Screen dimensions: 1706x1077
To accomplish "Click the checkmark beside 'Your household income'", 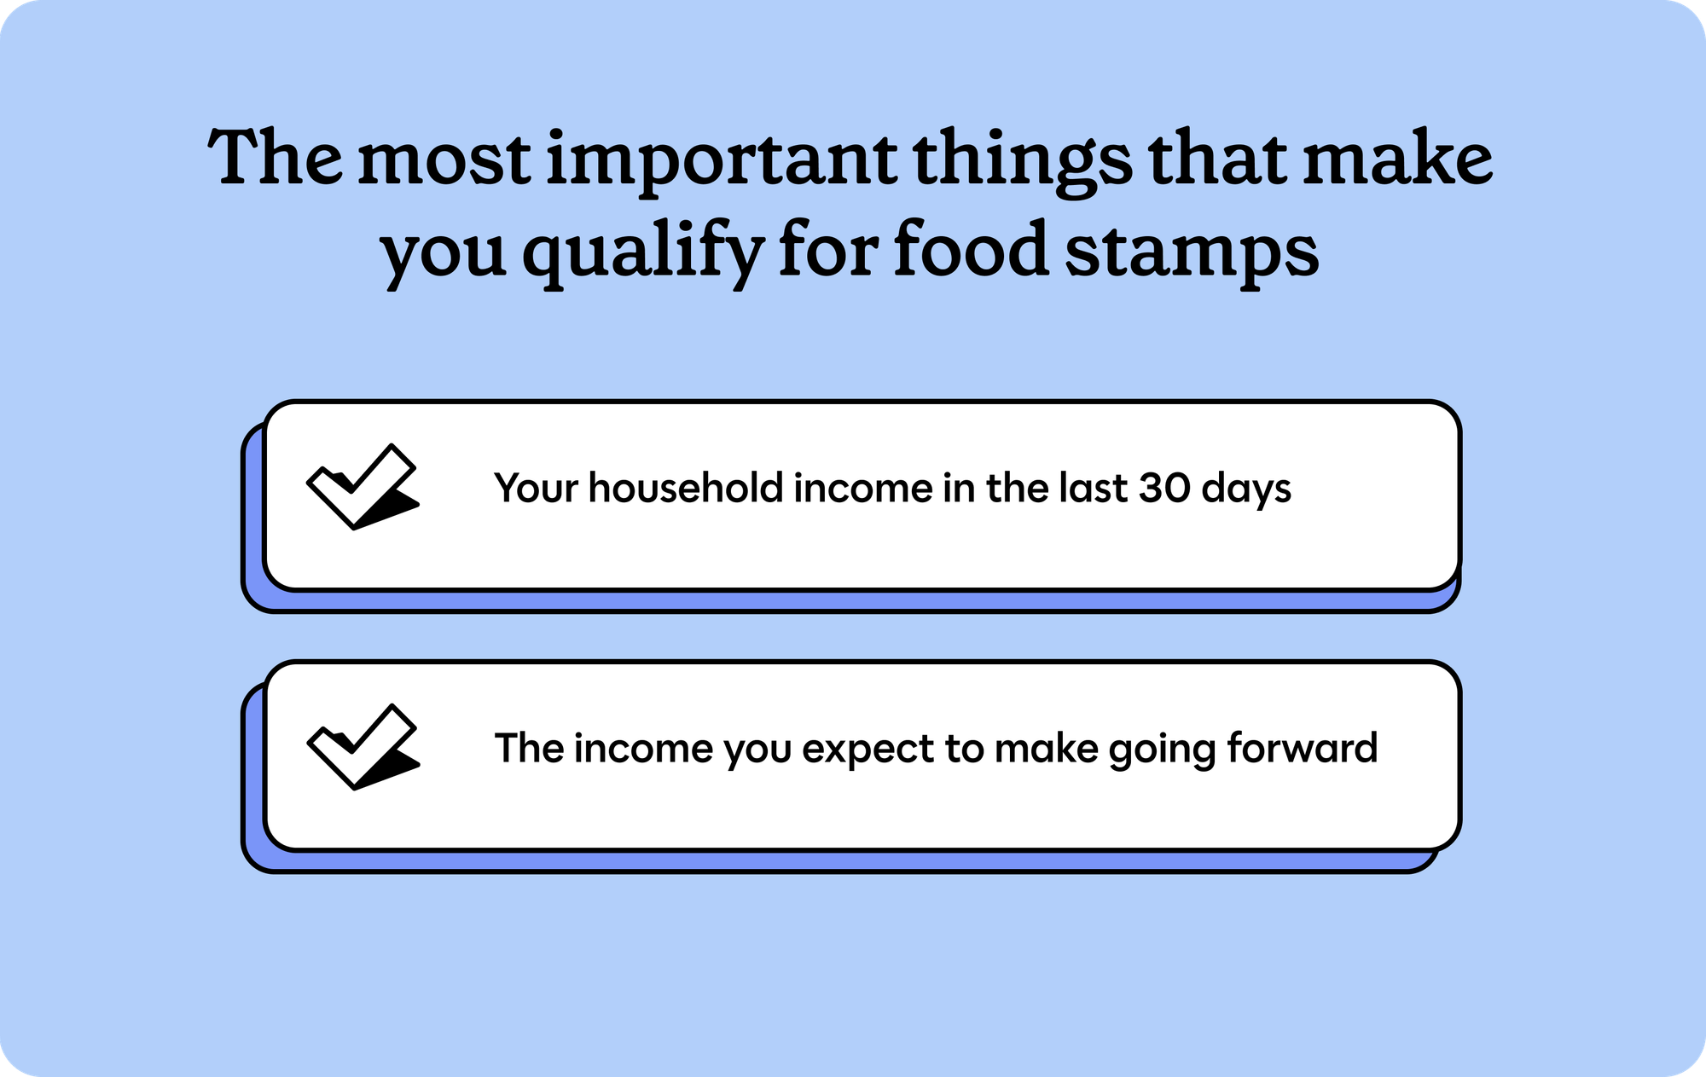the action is tap(362, 486).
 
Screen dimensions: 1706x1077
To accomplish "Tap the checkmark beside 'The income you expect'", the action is tap(362, 746).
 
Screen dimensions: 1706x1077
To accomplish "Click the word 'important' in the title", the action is tap(721, 162).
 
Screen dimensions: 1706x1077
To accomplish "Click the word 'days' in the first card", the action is tap(1246, 489).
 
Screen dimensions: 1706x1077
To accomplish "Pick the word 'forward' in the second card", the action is tap(1302, 748).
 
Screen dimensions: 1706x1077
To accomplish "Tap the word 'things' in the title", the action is tap(1024, 163).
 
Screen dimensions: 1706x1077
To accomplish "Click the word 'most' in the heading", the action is tap(444, 162).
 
